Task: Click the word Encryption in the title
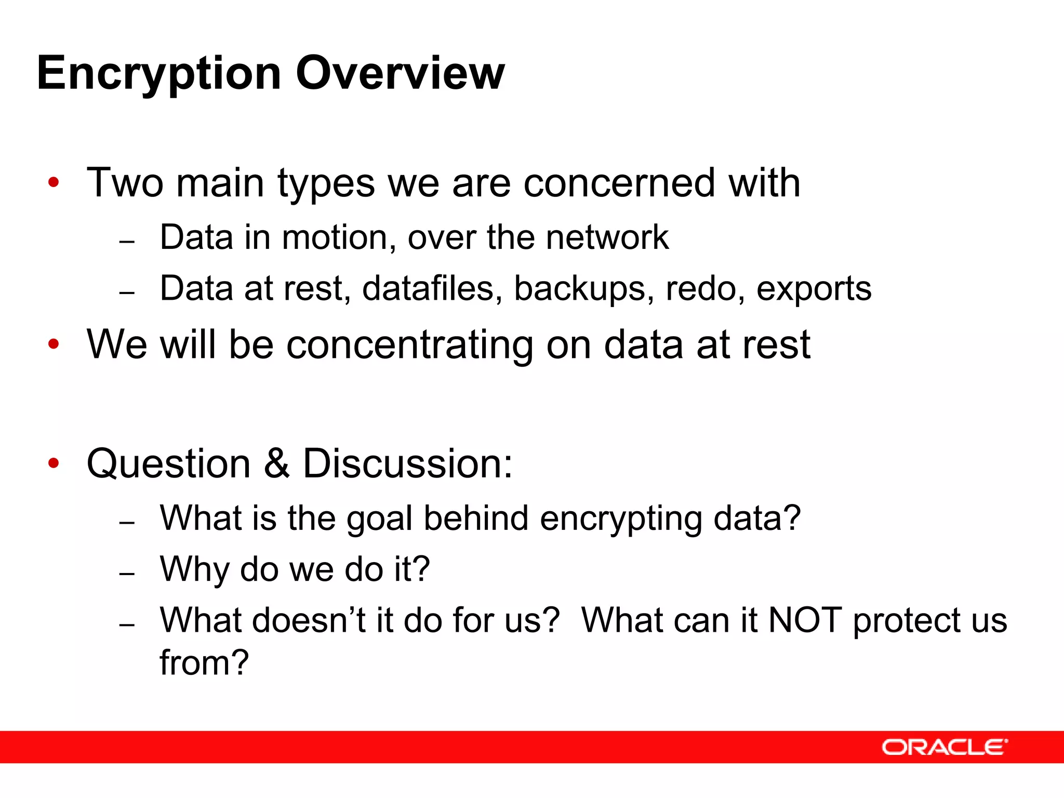[158, 74]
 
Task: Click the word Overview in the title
[400, 73]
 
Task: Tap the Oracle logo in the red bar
[944, 747]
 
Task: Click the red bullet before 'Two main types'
[54, 182]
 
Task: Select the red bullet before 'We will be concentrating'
[54, 344]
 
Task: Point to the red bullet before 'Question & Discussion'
[54, 463]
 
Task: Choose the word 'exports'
[814, 289]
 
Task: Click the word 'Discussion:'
[407, 463]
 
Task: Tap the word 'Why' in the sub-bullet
[194, 570]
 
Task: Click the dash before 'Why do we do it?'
[127, 574]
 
